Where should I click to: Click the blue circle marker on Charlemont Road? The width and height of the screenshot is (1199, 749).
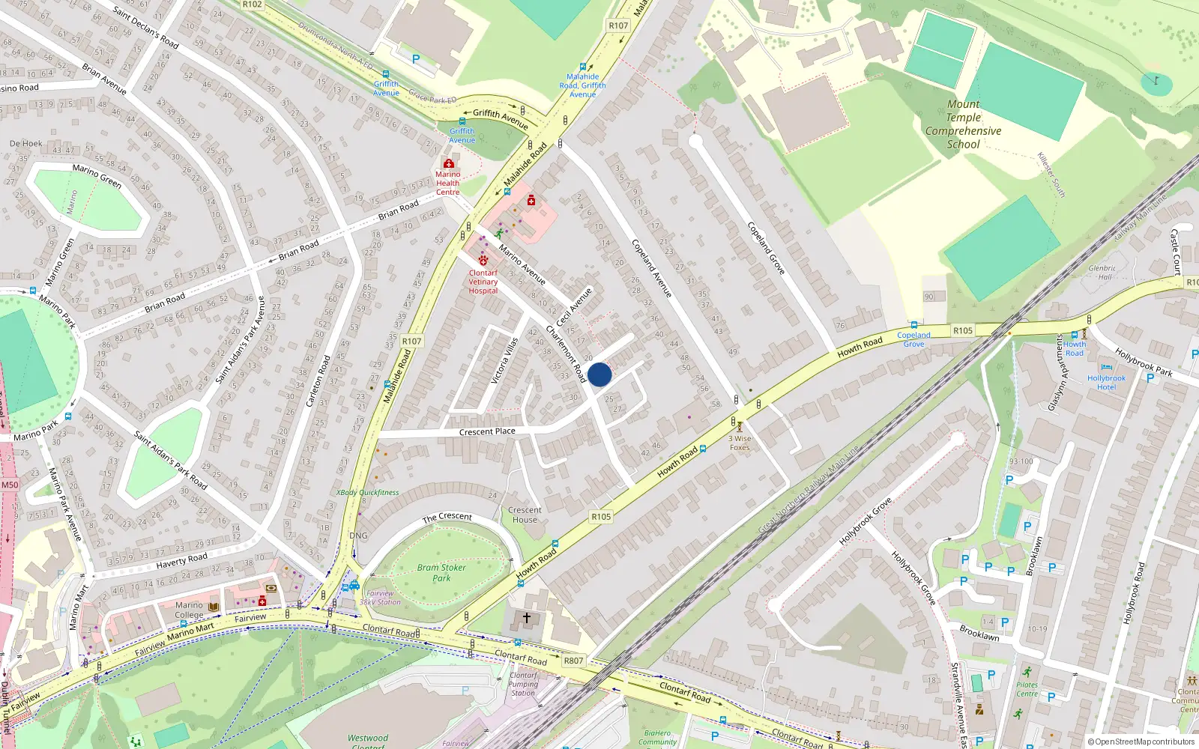(599, 374)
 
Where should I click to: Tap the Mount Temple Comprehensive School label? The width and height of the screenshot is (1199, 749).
(963, 124)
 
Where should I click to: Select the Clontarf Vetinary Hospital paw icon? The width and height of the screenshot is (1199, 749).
(483, 261)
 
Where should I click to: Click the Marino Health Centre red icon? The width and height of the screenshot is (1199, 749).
(448, 163)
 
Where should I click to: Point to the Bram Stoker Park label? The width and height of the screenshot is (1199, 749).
(441, 572)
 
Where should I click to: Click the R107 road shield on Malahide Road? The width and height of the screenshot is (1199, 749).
(411, 341)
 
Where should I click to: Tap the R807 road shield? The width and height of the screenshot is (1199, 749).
(573, 661)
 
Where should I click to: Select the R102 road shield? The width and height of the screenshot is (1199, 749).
(253, 4)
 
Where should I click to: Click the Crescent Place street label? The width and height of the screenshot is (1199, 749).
(487, 431)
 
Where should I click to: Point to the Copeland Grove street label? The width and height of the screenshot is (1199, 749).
(766, 248)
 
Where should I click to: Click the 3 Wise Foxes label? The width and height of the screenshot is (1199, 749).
(740, 443)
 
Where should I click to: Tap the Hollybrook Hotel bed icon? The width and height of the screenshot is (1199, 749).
(1107, 368)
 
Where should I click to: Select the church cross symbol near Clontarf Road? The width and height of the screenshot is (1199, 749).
(527, 618)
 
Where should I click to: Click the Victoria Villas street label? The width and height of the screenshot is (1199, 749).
(504, 361)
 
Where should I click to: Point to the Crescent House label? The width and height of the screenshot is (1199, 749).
(525, 515)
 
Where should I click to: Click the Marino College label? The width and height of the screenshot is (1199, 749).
(190, 610)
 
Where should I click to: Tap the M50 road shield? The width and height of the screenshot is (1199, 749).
(9, 485)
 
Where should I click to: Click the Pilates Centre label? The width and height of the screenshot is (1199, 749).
(1027, 689)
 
